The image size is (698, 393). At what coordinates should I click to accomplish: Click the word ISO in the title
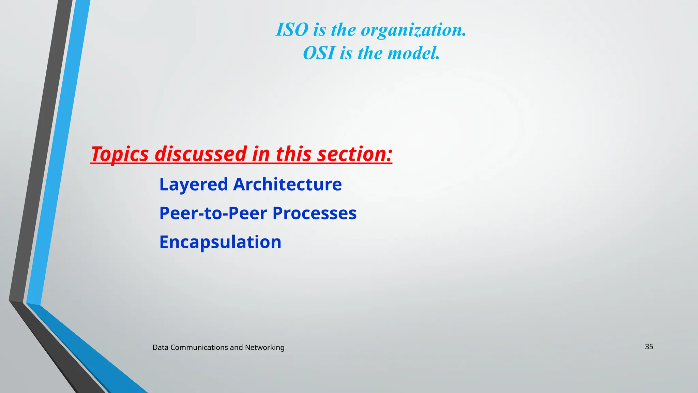click(x=292, y=30)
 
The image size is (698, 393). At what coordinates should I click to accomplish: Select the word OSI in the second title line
click(x=319, y=53)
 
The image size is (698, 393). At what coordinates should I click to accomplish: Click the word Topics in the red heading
click(x=120, y=154)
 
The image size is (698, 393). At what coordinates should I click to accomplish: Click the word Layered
click(x=193, y=185)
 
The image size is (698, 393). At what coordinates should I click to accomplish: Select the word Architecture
click(x=287, y=184)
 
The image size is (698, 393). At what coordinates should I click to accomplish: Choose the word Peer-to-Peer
click(x=213, y=213)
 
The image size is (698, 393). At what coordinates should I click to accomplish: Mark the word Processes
click(x=314, y=213)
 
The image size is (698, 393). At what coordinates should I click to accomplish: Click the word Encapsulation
click(x=220, y=242)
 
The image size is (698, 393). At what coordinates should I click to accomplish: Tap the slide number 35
click(x=649, y=347)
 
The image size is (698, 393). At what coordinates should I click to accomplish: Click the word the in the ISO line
click(x=343, y=30)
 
